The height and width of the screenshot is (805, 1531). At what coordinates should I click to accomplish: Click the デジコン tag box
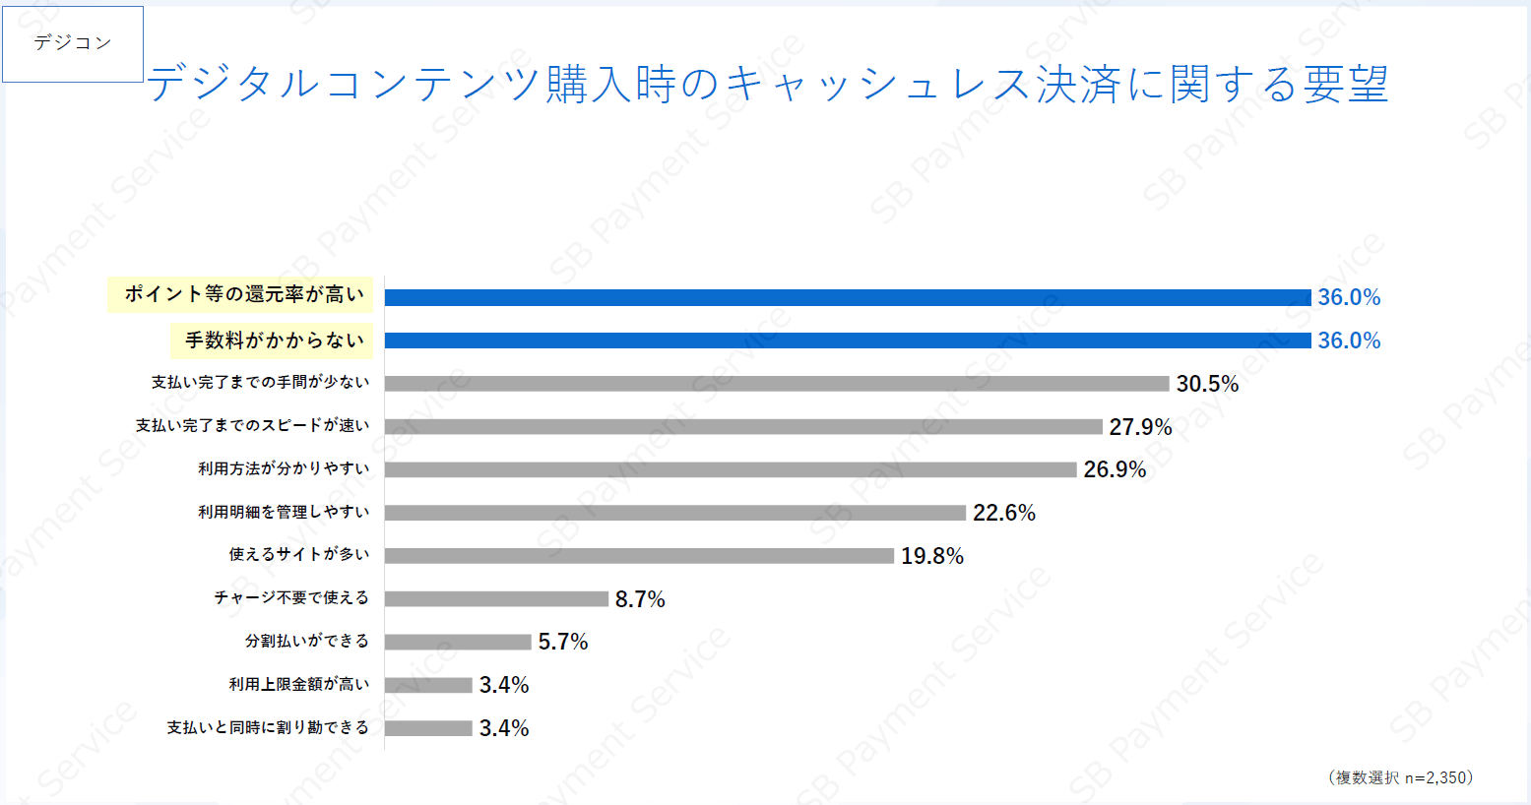tap(73, 43)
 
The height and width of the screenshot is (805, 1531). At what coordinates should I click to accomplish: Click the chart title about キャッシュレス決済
tap(767, 85)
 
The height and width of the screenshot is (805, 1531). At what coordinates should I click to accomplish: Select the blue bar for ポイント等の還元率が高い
tap(847, 297)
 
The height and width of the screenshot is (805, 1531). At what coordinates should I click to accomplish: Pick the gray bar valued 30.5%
tap(776, 384)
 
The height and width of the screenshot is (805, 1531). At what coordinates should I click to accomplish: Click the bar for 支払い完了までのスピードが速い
tap(743, 426)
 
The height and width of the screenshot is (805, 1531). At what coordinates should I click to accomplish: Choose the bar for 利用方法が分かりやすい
tap(731, 469)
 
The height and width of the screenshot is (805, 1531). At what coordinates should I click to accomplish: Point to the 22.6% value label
tap(1004, 513)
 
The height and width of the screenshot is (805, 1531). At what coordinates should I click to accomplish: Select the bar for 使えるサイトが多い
tap(639, 556)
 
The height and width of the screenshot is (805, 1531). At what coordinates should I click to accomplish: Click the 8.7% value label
tap(640, 599)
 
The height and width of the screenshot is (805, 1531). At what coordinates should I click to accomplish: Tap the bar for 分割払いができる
tap(458, 642)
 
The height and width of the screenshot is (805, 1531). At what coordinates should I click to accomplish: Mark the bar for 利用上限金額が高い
tap(428, 685)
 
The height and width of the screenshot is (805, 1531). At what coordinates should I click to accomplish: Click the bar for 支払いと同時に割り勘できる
tap(428, 728)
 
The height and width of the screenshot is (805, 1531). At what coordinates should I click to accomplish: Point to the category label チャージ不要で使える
tap(291, 598)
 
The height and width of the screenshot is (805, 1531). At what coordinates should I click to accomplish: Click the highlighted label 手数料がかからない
tap(275, 341)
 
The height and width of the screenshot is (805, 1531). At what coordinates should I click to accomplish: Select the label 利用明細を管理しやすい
tap(284, 512)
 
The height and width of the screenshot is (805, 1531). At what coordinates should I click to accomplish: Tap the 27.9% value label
tap(1140, 427)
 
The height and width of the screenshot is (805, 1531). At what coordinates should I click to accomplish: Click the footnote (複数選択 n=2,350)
tap(1400, 777)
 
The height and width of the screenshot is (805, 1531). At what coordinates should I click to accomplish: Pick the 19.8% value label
tap(931, 556)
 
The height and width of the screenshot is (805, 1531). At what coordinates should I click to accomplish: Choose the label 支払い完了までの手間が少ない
tap(260, 383)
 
